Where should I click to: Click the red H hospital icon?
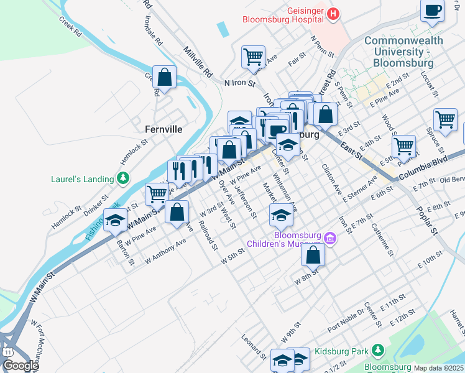point(334,13)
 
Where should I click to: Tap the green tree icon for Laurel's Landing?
point(124,179)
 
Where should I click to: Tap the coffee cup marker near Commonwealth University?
point(433,10)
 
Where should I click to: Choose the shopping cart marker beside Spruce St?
point(446,119)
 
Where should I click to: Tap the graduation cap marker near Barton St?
point(116,220)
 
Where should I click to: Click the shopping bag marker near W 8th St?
point(313,254)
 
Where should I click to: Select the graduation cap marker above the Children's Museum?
point(281,216)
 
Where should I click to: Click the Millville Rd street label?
point(198,61)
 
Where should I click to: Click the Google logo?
point(21,366)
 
